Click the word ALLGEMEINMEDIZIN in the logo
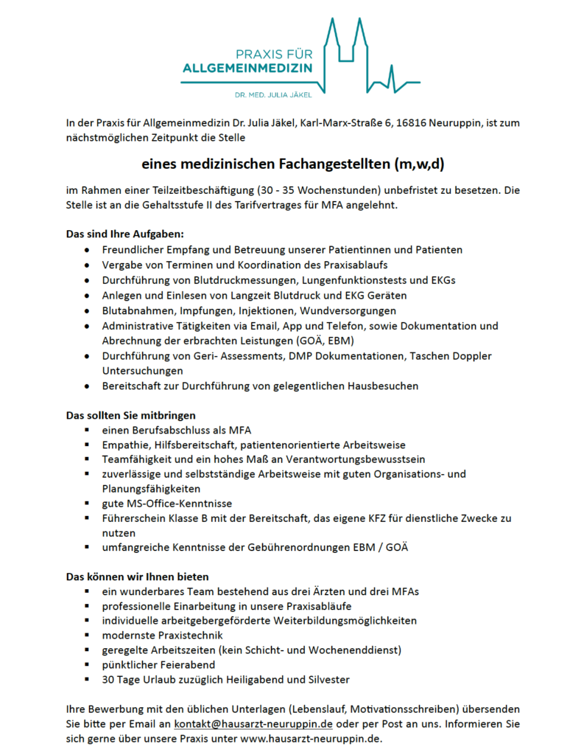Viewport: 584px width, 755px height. pos(247,69)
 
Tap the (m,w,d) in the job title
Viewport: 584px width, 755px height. pos(418,164)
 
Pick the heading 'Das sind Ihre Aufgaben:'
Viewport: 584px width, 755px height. pos(119,234)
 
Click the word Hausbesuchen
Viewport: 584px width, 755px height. pos(383,386)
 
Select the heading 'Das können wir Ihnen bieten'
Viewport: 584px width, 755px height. pos(137,576)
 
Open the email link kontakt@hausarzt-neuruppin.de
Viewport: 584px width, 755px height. pos(253,723)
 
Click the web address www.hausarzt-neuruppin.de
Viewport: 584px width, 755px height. pos(311,738)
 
